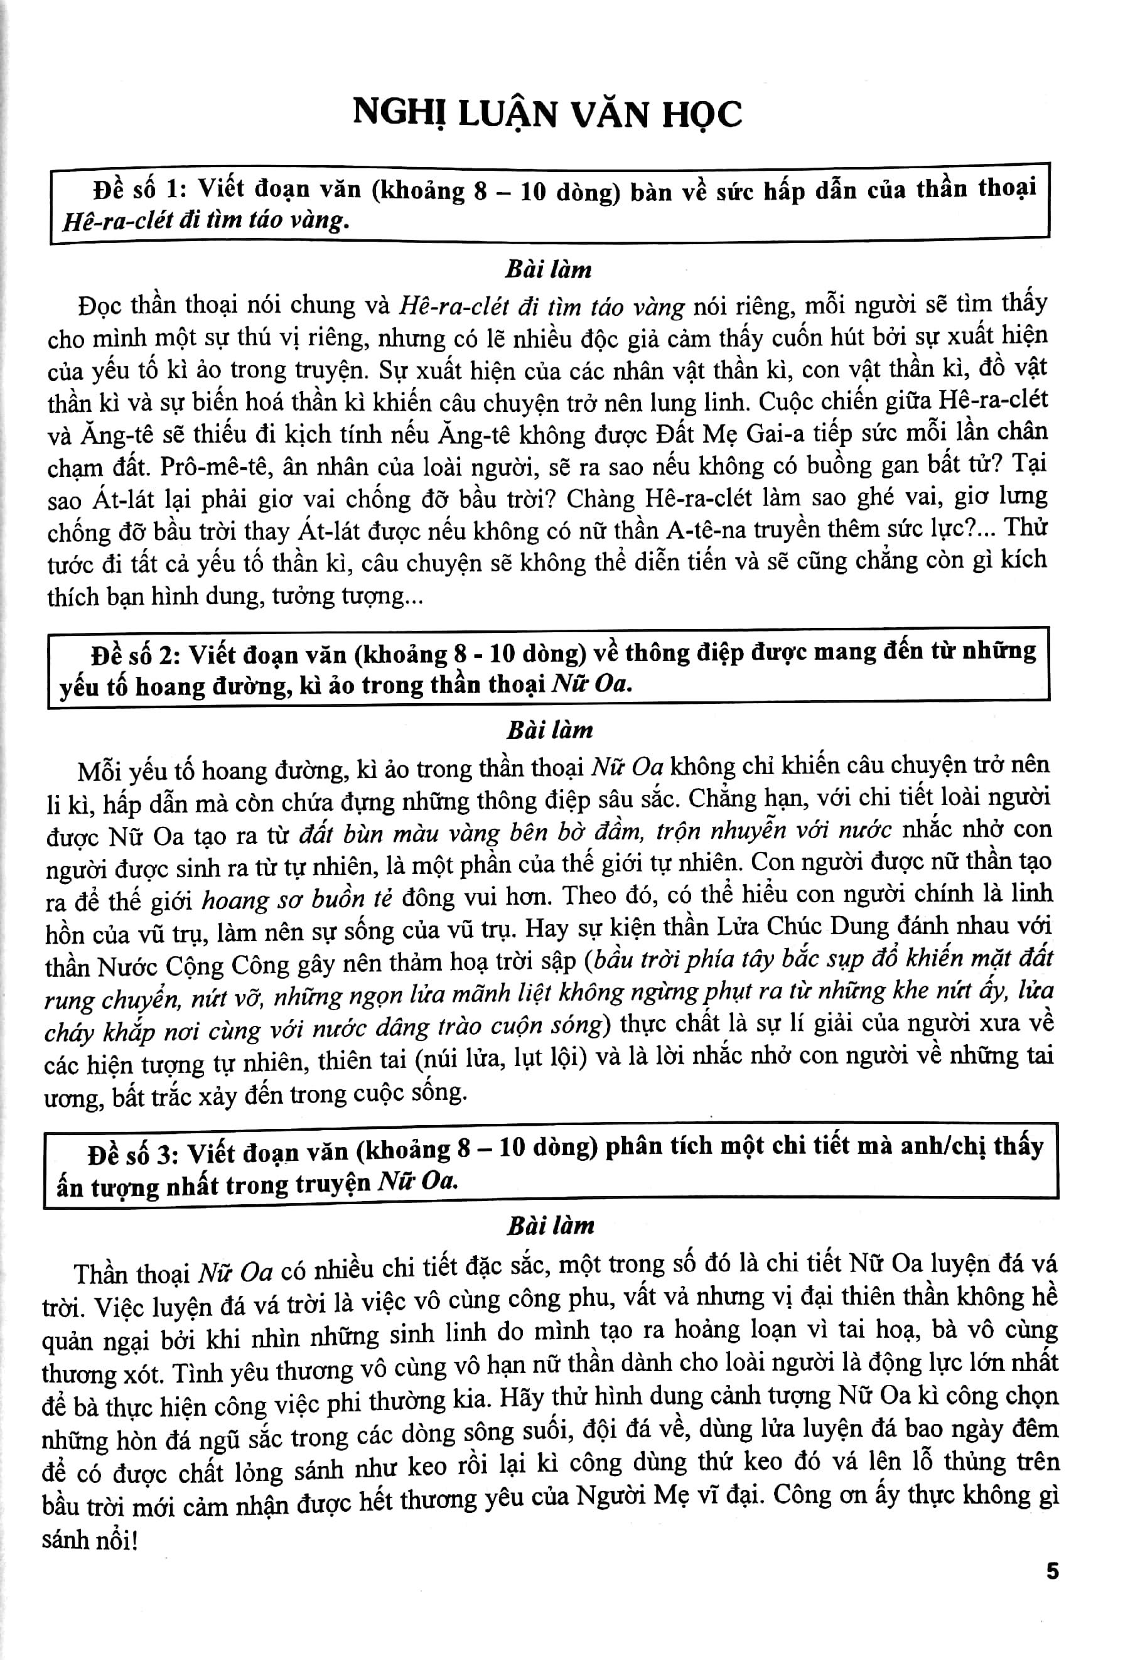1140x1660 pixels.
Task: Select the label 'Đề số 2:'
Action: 135,654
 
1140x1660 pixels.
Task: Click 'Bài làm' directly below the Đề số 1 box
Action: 549,269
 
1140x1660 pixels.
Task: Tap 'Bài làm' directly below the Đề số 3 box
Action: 550,1226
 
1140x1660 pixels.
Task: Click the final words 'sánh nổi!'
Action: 89,1539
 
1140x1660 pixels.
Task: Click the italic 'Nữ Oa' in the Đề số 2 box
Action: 590,684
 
